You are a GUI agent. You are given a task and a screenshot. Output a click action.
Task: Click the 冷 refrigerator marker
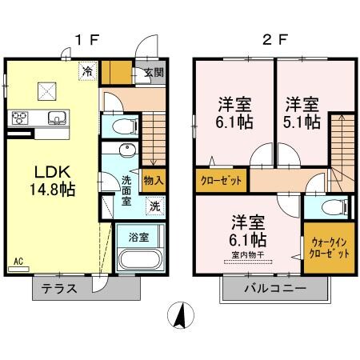pyautogui.click(x=86, y=72)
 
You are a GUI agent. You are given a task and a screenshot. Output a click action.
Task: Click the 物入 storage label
pyautogui.click(x=153, y=180)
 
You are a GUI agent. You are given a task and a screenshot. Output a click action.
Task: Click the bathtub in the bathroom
pyautogui.click(x=139, y=260)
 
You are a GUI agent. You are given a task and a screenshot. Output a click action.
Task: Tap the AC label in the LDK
pyautogui.click(x=18, y=260)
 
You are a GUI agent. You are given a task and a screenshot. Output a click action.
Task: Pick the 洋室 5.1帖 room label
pyautogui.click(x=302, y=114)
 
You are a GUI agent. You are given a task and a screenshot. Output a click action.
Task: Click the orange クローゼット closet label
pyautogui.click(x=221, y=180)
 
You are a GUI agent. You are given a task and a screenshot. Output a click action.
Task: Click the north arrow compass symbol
pyautogui.click(x=182, y=317)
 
